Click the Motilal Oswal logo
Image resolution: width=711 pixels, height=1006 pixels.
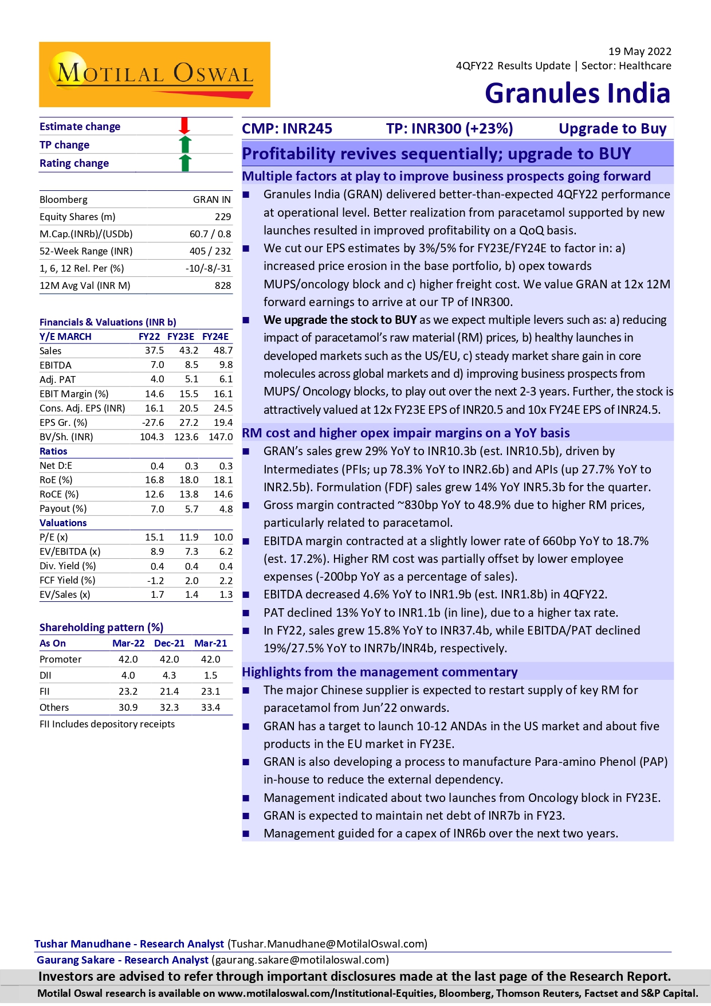tap(154, 75)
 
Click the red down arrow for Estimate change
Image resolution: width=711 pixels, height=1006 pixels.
tap(184, 126)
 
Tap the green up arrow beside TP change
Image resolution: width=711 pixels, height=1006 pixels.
tap(184, 144)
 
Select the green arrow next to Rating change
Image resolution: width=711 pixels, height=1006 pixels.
tap(184, 163)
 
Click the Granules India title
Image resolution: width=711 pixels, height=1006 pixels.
tap(577, 93)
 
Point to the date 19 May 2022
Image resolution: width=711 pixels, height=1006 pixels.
tap(639, 52)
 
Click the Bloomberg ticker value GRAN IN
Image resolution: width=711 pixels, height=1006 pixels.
tap(212, 199)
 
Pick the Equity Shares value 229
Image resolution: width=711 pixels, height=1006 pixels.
tap(223, 217)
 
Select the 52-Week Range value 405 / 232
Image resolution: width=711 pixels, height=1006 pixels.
tap(210, 251)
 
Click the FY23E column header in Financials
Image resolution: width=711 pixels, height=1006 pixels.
tap(180, 336)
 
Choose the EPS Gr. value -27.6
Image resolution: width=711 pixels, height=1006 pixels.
tap(153, 422)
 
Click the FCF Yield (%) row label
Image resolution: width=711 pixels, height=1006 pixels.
tap(68, 580)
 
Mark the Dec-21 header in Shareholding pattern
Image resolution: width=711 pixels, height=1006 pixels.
tap(169, 643)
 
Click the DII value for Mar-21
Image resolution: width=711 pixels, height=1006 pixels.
tap(210, 675)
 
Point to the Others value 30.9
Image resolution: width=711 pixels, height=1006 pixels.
tap(128, 707)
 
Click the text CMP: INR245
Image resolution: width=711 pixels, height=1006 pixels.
tap(287, 128)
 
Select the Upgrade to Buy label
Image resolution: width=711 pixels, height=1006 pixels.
tap(612, 128)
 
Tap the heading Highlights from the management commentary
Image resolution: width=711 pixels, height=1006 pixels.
tap(379, 672)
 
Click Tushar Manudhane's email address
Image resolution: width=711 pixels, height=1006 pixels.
tap(328, 944)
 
